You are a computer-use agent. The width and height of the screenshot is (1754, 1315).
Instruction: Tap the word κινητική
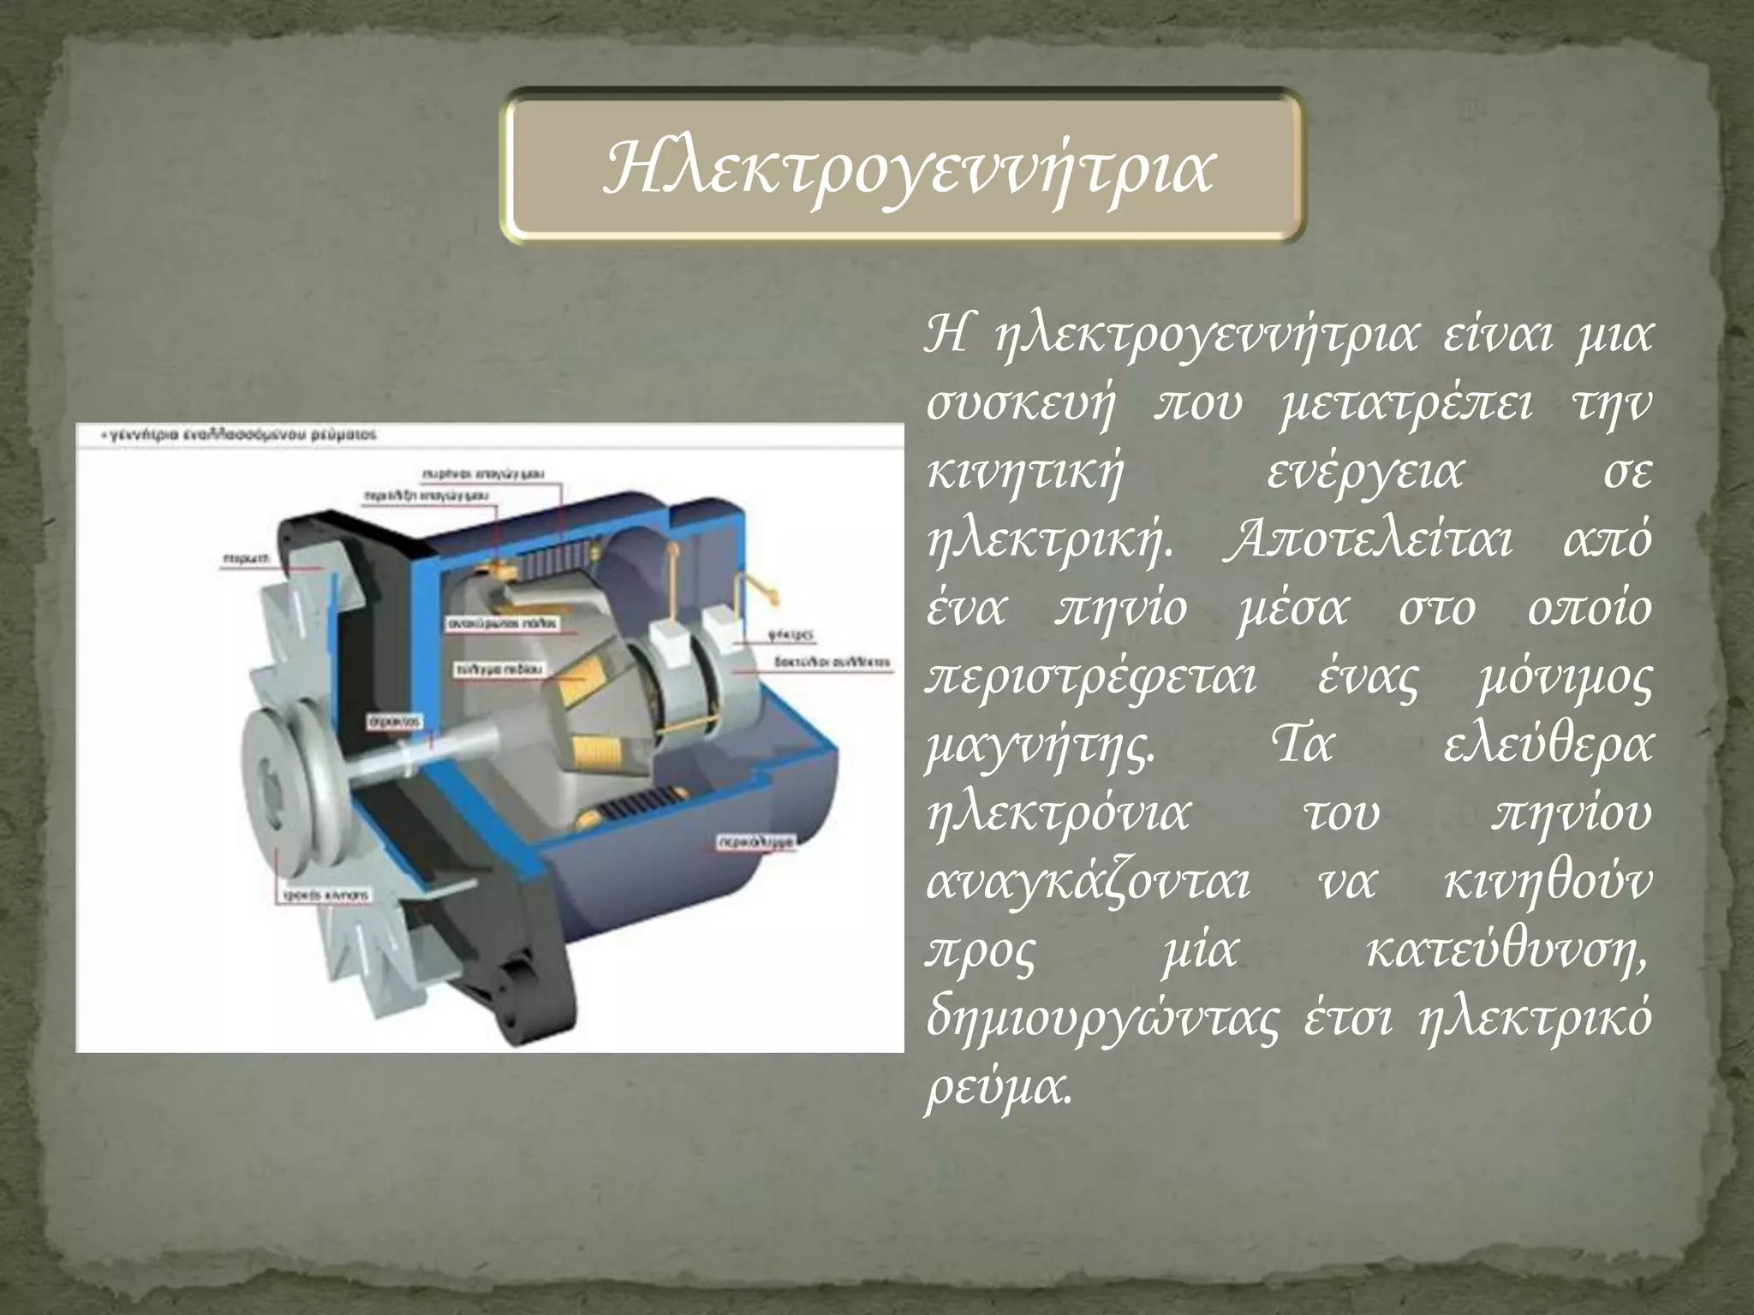1024,473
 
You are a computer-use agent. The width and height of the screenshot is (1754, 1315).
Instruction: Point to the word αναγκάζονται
1088,883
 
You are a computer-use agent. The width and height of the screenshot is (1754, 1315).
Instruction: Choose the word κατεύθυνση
1506,951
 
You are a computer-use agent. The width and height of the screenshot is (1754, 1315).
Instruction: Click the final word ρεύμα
998,1088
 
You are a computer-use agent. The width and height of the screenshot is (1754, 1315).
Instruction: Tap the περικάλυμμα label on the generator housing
755,842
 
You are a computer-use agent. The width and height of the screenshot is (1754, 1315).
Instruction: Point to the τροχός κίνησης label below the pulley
326,896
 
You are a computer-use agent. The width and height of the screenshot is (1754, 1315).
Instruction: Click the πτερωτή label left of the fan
245,558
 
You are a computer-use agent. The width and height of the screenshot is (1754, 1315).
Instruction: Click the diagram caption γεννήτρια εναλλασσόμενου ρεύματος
241,435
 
